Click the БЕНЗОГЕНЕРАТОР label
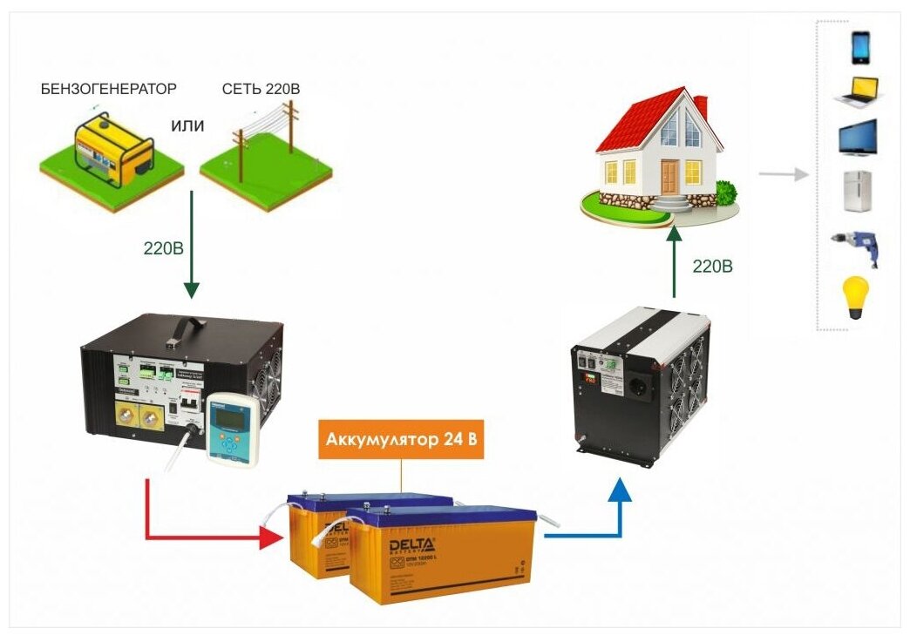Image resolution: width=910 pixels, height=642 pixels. click(x=109, y=89)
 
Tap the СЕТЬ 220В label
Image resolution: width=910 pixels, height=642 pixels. click(x=261, y=89)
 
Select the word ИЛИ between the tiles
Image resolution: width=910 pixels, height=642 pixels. click(x=187, y=126)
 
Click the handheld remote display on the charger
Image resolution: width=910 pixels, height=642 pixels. click(x=232, y=427)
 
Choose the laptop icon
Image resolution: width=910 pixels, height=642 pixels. click(x=858, y=92)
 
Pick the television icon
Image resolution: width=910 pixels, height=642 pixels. click(x=858, y=139)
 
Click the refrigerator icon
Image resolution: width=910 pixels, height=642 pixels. click(x=858, y=192)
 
